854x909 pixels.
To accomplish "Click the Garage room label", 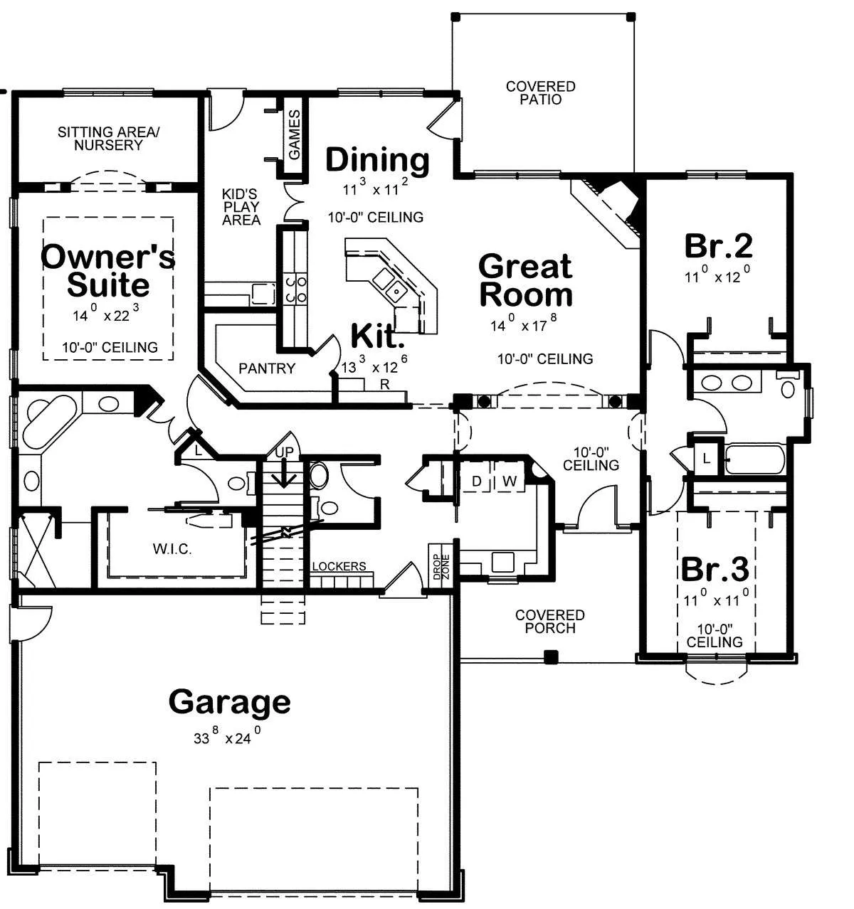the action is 229,703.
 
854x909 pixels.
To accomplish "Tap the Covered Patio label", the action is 541,93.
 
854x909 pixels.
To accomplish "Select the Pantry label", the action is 267,368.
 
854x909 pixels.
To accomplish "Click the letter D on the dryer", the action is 477,481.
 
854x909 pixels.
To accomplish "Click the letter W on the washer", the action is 510,481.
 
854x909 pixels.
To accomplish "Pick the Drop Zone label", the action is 441,567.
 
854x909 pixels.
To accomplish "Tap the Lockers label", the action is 339,566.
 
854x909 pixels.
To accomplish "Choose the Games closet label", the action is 294,135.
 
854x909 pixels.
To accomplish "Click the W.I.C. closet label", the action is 172,549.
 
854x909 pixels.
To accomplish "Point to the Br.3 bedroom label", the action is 715,569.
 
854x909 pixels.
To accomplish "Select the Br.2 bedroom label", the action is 718,246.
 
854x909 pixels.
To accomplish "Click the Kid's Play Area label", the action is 241,207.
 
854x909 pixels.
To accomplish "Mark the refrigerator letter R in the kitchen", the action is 385,385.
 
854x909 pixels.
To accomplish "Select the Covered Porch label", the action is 550,622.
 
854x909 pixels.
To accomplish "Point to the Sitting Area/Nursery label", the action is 109,139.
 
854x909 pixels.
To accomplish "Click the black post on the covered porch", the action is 551,657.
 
